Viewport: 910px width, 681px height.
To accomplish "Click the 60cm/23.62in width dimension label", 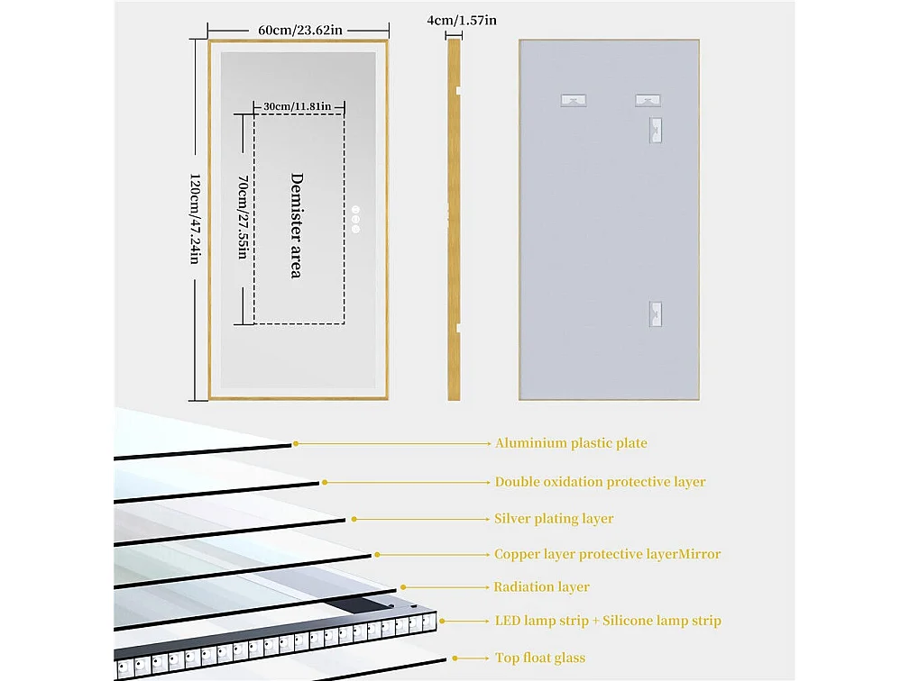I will (x=299, y=30).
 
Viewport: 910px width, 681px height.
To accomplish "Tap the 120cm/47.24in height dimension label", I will (x=193, y=219).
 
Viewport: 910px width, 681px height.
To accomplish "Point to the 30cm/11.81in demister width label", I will (x=297, y=107).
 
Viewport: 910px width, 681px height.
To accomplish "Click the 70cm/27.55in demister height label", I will (x=242, y=216).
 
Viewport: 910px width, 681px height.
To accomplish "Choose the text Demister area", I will (x=295, y=225).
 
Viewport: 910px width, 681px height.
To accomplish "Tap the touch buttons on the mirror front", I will (x=355, y=220).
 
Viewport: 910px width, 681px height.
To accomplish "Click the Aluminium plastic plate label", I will (x=570, y=443).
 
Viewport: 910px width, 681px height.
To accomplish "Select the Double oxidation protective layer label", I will (x=600, y=482).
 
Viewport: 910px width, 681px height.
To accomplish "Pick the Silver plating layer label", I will (x=554, y=519).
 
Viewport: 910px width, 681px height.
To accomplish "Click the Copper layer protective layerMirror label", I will (x=607, y=554).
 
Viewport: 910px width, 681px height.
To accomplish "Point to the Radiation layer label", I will (x=541, y=587).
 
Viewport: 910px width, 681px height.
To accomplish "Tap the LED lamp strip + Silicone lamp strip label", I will (x=608, y=621).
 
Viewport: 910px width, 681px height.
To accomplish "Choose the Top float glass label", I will (x=539, y=658).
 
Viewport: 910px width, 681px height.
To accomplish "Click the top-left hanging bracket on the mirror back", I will (x=573, y=100).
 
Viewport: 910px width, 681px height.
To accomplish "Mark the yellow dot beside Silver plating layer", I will (x=354, y=519).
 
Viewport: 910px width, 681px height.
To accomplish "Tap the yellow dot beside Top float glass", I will (x=455, y=658).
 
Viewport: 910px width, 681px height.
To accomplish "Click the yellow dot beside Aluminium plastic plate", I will (x=296, y=443).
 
